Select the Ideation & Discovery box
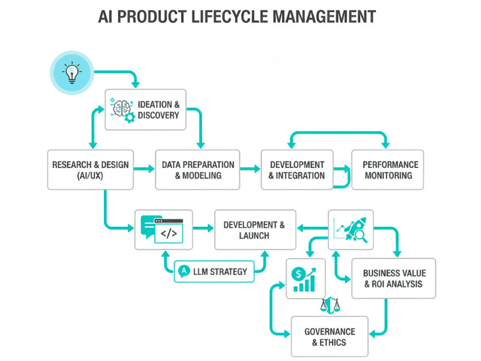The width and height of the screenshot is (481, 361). tap(146, 110)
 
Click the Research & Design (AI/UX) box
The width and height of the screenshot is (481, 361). tap(90, 170)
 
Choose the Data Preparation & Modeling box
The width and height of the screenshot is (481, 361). tap(198, 170)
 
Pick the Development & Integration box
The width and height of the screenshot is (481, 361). tap(296, 170)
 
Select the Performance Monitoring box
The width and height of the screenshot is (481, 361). tap(387, 170)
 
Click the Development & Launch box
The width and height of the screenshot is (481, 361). tap(255, 230)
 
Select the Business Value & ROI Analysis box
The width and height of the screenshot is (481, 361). tap(393, 278)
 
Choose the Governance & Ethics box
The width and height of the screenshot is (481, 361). tap(329, 337)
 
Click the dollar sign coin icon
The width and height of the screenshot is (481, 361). tap(297, 274)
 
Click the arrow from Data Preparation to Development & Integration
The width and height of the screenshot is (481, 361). tap(250, 170)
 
